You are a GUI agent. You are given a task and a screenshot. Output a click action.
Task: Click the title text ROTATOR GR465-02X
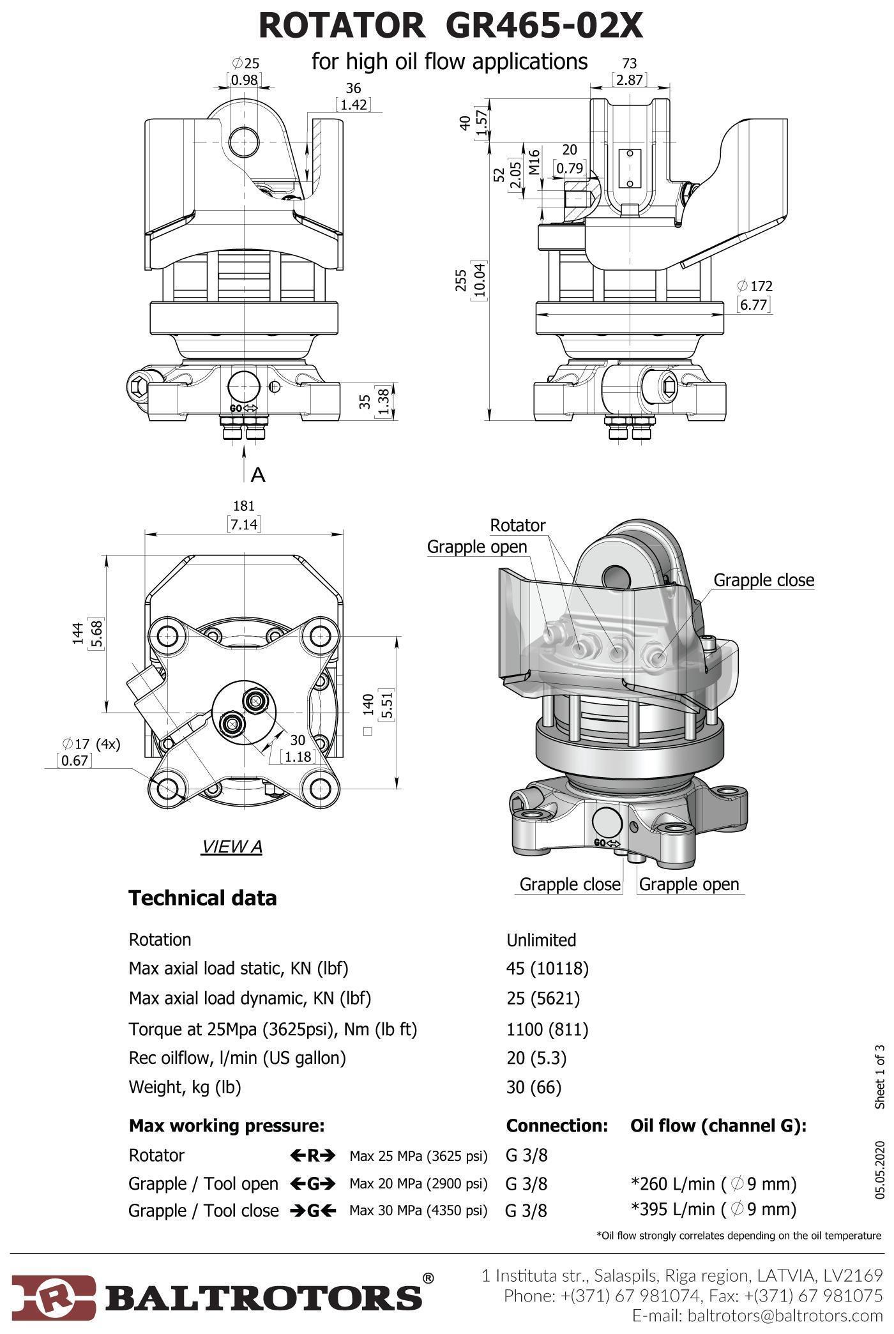point(450,26)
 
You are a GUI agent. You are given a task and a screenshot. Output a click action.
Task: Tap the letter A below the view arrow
point(258,474)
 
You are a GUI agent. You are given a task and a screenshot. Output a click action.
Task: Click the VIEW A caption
point(231,847)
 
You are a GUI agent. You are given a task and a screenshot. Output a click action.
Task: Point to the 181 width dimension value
point(244,506)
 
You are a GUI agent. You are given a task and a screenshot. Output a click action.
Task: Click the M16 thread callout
point(534,161)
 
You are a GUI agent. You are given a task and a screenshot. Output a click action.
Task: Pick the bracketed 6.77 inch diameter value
point(754,304)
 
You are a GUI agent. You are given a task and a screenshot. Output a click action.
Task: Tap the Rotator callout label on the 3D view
point(517,525)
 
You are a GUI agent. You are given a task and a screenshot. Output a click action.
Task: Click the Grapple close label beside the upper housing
point(764,580)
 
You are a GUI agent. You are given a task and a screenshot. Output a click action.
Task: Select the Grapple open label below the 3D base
point(689,884)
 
